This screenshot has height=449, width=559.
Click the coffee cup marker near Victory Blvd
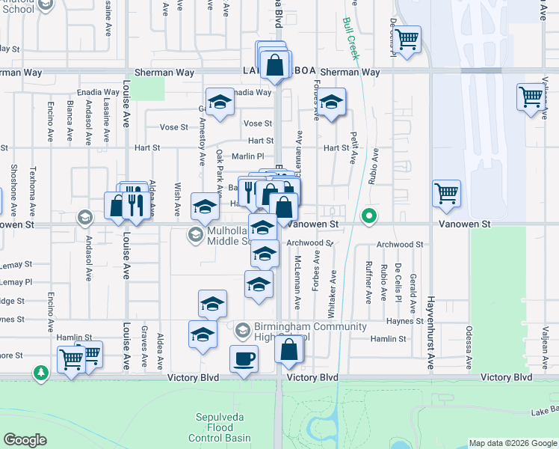244,358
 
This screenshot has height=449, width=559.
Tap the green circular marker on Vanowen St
368,218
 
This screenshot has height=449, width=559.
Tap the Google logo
25,440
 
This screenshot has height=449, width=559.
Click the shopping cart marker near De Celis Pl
407,38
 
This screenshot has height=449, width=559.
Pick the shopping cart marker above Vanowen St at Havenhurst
446,193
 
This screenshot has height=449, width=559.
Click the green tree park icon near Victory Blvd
41,372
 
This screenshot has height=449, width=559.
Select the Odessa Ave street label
469,347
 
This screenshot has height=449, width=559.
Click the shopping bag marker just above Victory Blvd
289,349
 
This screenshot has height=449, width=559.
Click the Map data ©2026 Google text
513,443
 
